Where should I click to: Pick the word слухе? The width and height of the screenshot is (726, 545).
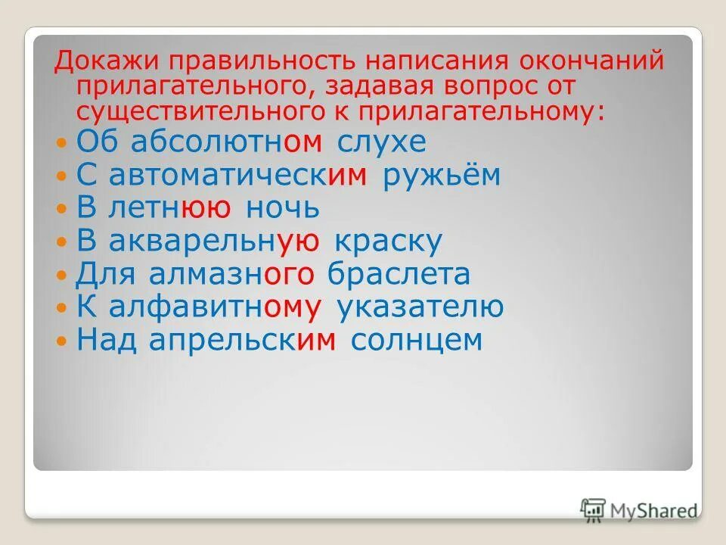[383, 142]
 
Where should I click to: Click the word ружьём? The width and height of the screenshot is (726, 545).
[442, 175]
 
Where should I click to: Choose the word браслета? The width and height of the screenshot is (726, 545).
[399, 274]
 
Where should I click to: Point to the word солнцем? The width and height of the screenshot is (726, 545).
[417, 340]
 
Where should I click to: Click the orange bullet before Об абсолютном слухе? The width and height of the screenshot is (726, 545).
[62, 143]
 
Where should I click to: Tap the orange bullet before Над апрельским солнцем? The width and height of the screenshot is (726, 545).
[62, 341]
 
